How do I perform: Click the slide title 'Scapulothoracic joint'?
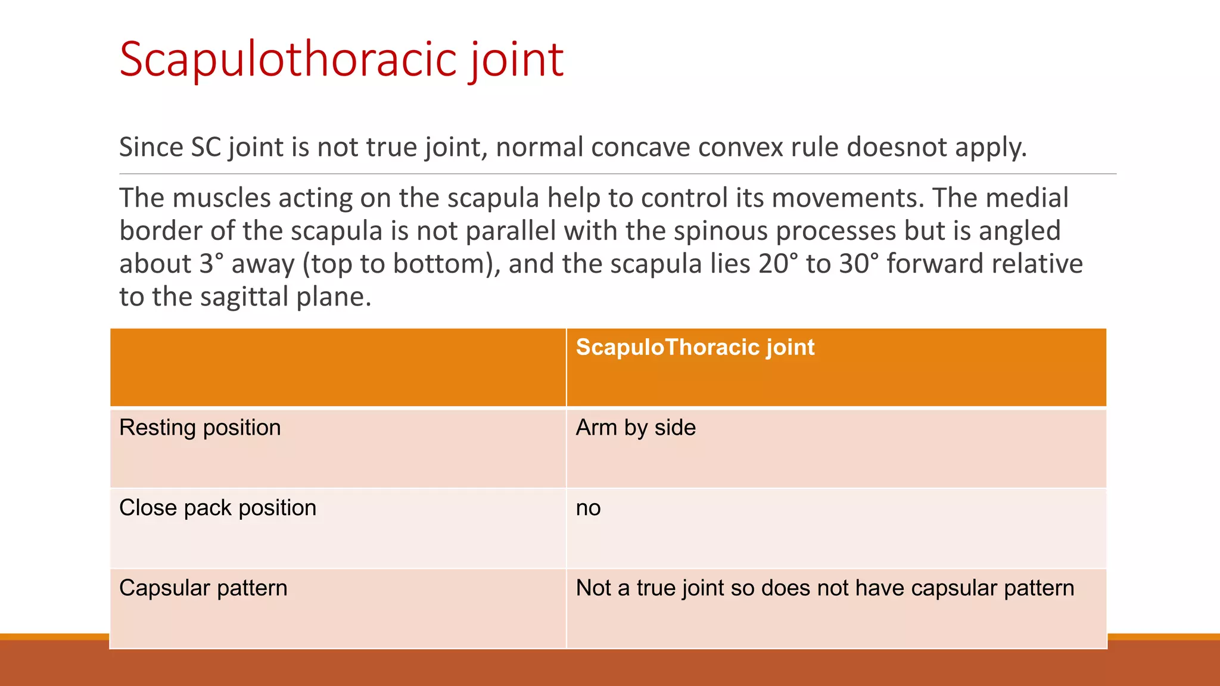341,60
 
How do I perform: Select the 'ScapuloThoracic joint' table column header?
695,347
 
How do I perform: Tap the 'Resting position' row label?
200,428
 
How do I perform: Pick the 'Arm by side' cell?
636,428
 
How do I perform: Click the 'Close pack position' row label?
217,508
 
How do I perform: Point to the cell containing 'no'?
588,508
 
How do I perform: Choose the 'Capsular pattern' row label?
203,588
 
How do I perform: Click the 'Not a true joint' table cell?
824,588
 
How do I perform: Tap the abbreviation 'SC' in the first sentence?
206,147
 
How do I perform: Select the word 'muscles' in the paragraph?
222,198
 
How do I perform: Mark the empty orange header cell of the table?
338,367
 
